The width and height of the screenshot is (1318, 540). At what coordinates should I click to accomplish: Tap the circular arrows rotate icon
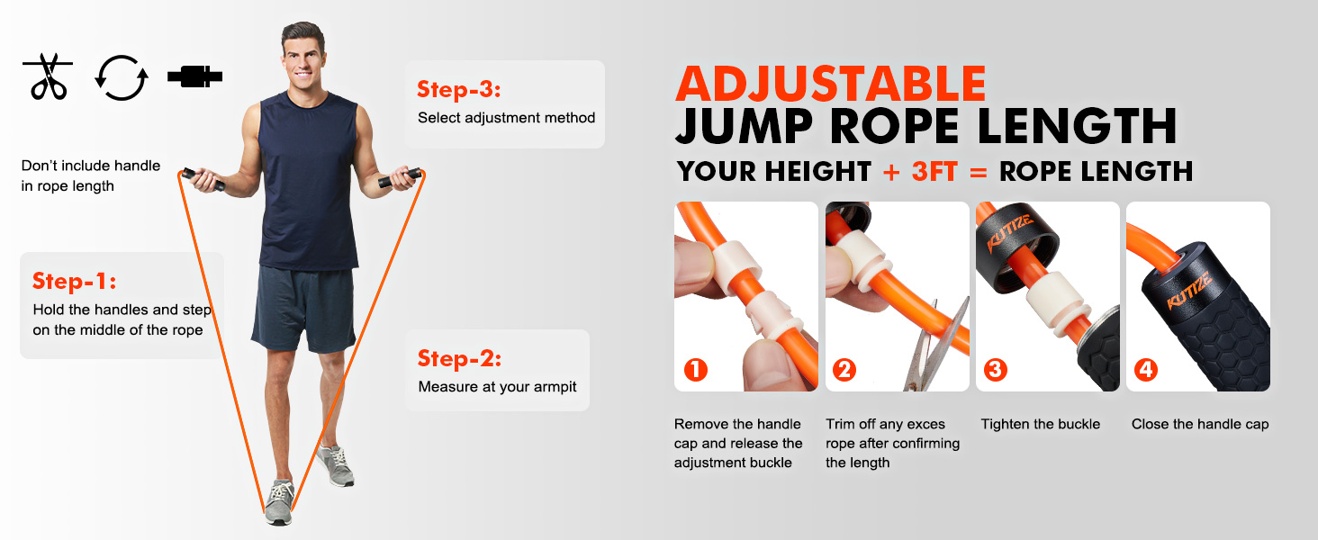(x=122, y=77)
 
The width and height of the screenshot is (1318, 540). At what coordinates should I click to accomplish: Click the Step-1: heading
(x=75, y=281)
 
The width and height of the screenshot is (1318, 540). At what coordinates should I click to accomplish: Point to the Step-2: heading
(x=459, y=358)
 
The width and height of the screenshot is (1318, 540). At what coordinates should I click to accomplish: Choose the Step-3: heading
(x=458, y=89)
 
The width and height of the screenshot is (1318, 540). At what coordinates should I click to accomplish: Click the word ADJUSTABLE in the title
(x=830, y=84)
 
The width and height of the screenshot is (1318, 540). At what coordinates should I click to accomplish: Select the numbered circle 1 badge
(x=696, y=369)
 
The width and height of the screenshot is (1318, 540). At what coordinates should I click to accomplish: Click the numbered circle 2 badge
(x=844, y=369)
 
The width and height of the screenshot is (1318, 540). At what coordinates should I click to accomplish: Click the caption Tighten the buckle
(x=1040, y=424)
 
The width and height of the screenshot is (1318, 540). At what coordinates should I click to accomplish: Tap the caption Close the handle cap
(x=1200, y=424)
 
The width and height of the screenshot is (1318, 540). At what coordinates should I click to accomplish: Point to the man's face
(x=304, y=53)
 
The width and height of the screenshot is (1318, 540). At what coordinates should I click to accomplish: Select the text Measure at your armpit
(x=497, y=387)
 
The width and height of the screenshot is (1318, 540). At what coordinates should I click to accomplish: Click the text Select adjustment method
(x=506, y=118)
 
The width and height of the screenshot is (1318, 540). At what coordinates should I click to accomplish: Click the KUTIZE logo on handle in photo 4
(x=1189, y=291)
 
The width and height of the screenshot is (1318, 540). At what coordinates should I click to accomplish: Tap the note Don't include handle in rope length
(x=90, y=175)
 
